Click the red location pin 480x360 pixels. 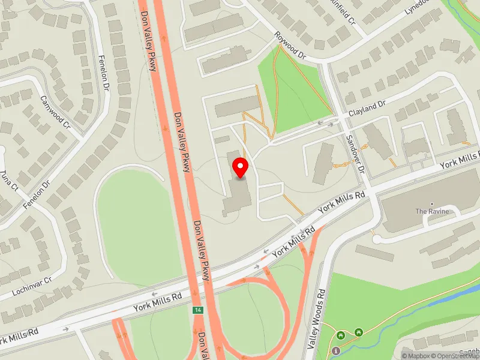pyautogui.click(x=241, y=167)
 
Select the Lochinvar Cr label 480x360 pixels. pyautogui.click(x=32, y=287)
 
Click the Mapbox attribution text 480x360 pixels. pyautogui.click(x=417, y=356)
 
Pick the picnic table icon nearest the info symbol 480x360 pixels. pyautogui.click(x=341, y=334)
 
